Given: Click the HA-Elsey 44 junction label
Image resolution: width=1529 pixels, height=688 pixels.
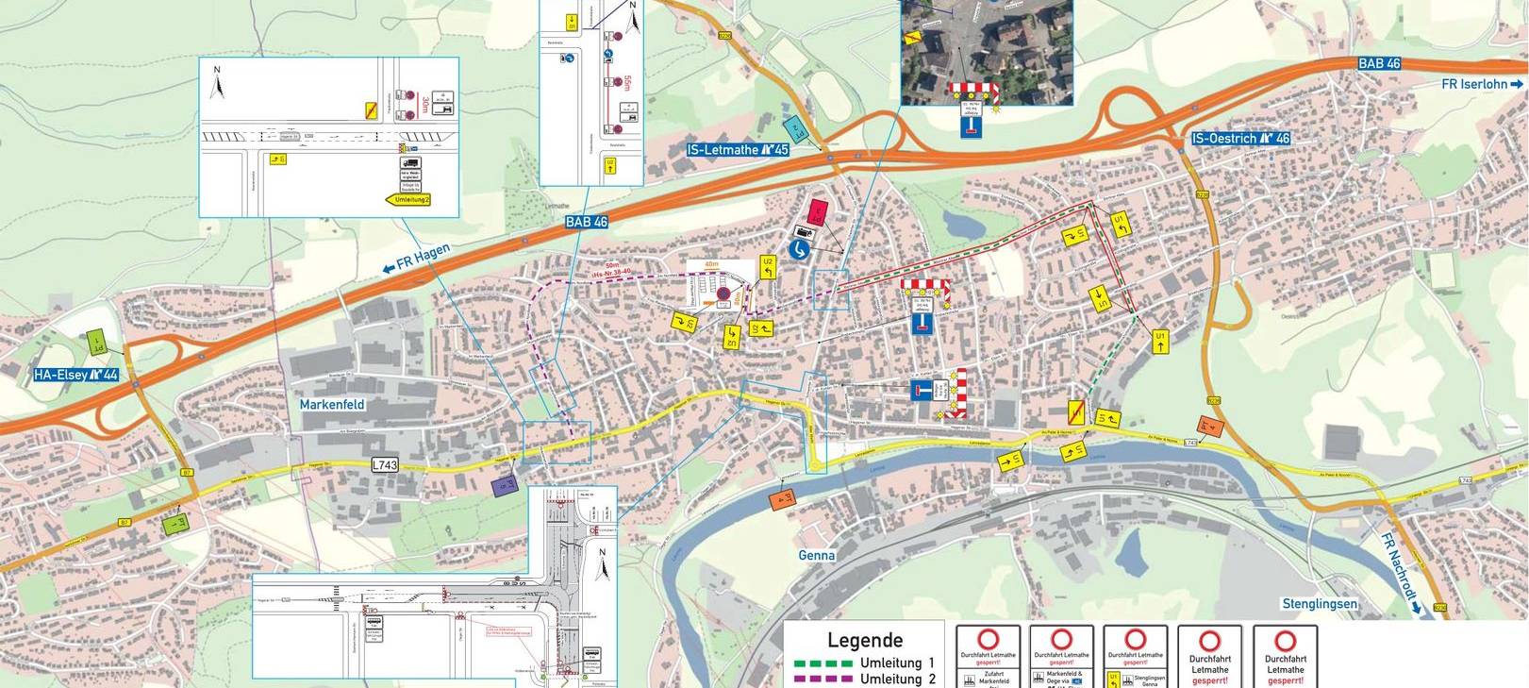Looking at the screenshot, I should tap(76, 375).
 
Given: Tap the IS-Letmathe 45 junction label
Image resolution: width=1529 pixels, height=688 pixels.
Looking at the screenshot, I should tap(738, 149).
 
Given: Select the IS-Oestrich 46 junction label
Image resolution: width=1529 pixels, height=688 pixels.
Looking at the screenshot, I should tap(1240, 138).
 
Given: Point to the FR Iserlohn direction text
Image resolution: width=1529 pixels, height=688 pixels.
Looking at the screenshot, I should tap(1481, 84).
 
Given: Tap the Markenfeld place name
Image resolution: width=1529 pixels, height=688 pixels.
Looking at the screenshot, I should tap(332, 404).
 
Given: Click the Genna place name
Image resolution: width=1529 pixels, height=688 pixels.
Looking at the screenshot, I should tap(817, 555).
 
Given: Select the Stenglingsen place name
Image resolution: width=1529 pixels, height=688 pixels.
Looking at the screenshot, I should tap(1319, 603).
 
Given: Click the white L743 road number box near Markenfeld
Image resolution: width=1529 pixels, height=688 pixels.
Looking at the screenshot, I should tap(385, 464).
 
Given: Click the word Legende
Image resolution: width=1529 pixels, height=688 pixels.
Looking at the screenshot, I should tap(864, 640).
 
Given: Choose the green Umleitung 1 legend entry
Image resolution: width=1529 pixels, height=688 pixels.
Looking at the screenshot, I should tap(864, 663).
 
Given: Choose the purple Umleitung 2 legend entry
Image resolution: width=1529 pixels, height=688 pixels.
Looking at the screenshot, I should tap(864, 679).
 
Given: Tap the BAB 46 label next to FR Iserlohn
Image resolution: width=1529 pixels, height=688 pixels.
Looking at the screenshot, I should tap(1379, 63).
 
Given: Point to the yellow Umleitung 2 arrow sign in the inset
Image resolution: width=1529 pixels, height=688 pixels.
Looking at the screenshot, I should tap(408, 199).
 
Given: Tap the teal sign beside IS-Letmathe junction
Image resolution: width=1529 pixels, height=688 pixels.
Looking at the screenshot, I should tap(795, 127).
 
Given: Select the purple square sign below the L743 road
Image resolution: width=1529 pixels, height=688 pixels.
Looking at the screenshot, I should tap(505, 485).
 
